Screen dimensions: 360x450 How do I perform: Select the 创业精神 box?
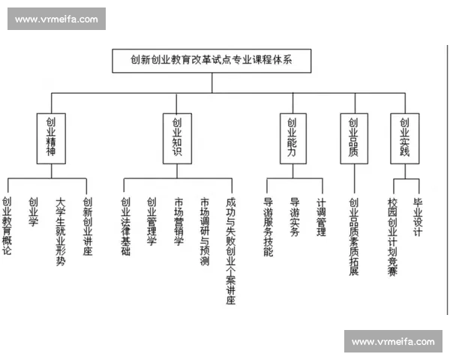click(50, 139)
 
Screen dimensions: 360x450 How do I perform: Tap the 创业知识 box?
click(177, 139)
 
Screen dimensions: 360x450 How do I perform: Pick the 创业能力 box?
click(292, 139)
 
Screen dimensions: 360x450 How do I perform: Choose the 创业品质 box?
click(353, 139)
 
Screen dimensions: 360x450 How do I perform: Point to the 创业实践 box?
click(404, 139)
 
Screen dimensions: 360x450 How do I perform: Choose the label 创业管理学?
click(151, 221)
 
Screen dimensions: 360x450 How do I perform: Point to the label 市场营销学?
click(178, 221)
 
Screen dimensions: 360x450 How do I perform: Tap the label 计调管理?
click(321, 217)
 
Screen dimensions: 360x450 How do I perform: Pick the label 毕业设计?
click(418, 217)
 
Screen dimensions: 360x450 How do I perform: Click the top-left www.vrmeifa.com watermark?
click(56, 19)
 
